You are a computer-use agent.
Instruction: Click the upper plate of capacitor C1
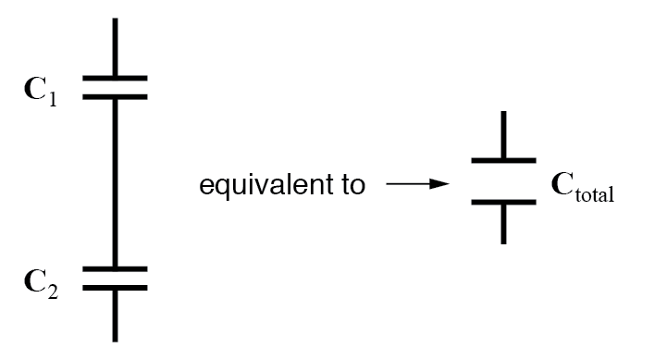pos(115,79)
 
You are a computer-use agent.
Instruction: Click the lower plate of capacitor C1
pos(115,95)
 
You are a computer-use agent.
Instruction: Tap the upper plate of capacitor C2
pos(115,269)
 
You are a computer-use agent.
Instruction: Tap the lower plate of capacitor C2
pos(115,286)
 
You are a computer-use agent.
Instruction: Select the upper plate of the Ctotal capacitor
pos(503,161)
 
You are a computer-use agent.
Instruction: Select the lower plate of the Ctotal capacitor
pos(503,201)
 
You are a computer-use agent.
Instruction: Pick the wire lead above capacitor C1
pos(115,46)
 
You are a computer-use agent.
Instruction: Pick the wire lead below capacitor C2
pos(115,315)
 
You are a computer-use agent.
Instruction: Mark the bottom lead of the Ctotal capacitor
pos(503,223)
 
